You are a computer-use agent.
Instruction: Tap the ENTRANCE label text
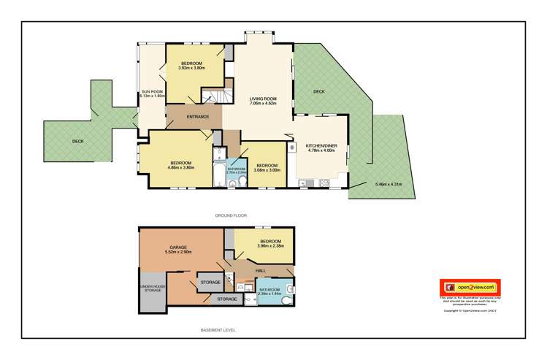coord(198,117)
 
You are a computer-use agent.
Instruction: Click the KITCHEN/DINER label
coord(321,148)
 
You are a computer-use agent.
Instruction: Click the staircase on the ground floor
coord(211,96)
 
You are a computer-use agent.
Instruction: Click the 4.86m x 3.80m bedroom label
coord(181,165)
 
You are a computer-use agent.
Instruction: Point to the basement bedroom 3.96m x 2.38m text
coord(270,245)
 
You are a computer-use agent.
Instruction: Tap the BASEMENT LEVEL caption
coord(218,329)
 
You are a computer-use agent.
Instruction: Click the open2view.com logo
coord(468,288)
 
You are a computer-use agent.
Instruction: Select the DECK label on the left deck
coord(78,142)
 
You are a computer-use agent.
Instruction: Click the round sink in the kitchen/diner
coord(292,148)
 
